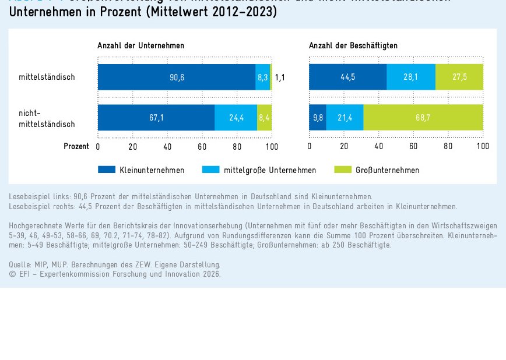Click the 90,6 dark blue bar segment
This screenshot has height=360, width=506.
(x=177, y=77)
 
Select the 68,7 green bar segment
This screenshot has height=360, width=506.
(x=423, y=117)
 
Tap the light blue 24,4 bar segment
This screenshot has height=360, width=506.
(x=236, y=117)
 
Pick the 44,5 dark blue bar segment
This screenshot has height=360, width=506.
(x=347, y=77)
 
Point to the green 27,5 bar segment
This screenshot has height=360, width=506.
(x=459, y=77)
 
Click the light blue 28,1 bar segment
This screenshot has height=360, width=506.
(x=411, y=77)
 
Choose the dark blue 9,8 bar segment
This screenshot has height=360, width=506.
(x=318, y=117)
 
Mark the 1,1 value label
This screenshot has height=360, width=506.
(x=280, y=77)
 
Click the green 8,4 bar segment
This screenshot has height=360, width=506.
(x=265, y=117)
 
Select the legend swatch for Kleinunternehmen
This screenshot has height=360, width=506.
(x=106, y=170)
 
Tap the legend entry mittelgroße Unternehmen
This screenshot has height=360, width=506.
(x=270, y=170)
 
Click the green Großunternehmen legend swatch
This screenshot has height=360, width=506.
(x=343, y=170)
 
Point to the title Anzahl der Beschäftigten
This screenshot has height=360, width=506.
(x=353, y=45)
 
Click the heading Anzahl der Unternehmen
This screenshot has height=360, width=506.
(x=140, y=45)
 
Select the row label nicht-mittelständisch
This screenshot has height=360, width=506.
(x=47, y=118)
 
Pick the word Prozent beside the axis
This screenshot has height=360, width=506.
(x=76, y=147)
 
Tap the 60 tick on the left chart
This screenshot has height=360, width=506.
(x=202, y=147)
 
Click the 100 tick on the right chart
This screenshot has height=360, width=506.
(x=483, y=147)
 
